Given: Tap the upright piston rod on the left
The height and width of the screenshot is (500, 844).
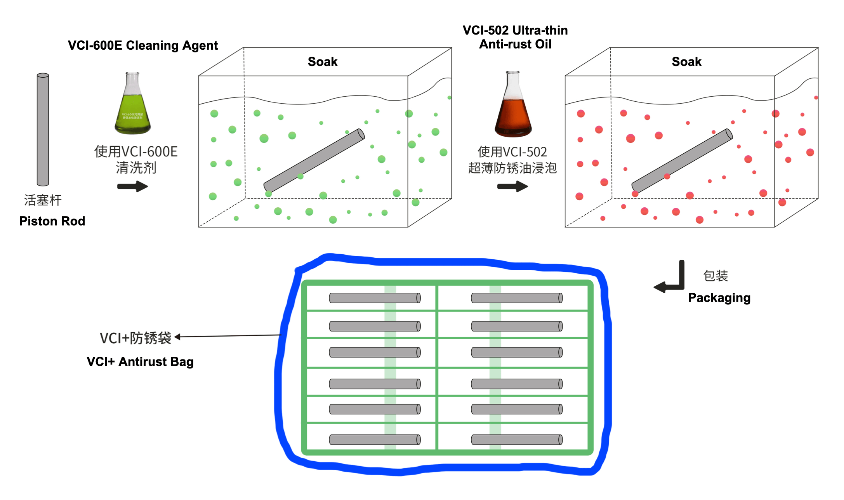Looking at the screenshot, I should pyautogui.click(x=43, y=130).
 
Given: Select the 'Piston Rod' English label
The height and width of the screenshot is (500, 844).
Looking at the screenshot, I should pyautogui.click(x=52, y=221).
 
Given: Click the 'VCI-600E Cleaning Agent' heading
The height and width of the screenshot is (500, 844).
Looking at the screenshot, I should pyautogui.click(x=142, y=45).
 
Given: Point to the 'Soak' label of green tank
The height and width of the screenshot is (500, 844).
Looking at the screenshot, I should pyautogui.click(x=322, y=62).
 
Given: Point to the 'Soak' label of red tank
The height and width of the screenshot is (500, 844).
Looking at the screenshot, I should pyautogui.click(x=686, y=62).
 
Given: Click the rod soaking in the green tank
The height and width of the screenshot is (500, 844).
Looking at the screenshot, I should pyautogui.click(x=314, y=160).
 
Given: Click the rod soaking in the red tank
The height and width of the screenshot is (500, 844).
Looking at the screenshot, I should pyautogui.click(x=682, y=160).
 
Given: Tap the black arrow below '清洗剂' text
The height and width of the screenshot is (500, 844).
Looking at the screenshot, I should pyautogui.click(x=132, y=187).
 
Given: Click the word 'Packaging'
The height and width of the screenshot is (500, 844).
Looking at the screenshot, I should pyautogui.click(x=719, y=298).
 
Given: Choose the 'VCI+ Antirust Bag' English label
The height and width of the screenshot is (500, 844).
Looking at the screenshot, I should pyautogui.click(x=140, y=361).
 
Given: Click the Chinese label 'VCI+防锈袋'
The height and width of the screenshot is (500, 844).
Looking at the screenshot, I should pyautogui.click(x=135, y=338).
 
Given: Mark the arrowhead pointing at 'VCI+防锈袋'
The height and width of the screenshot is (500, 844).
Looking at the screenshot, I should pyautogui.click(x=178, y=337).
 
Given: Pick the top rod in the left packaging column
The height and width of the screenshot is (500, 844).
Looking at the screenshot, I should pyautogui.click(x=375, y=298).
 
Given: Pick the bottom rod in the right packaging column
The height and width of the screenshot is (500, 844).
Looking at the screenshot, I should pyautogui.click(x=517, y=439).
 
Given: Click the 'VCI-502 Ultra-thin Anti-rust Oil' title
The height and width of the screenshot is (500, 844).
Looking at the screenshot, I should pyautogui.click(x=515, y=37).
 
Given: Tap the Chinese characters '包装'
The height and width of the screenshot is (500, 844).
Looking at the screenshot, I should pyautogui.click(x=715, y=276).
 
